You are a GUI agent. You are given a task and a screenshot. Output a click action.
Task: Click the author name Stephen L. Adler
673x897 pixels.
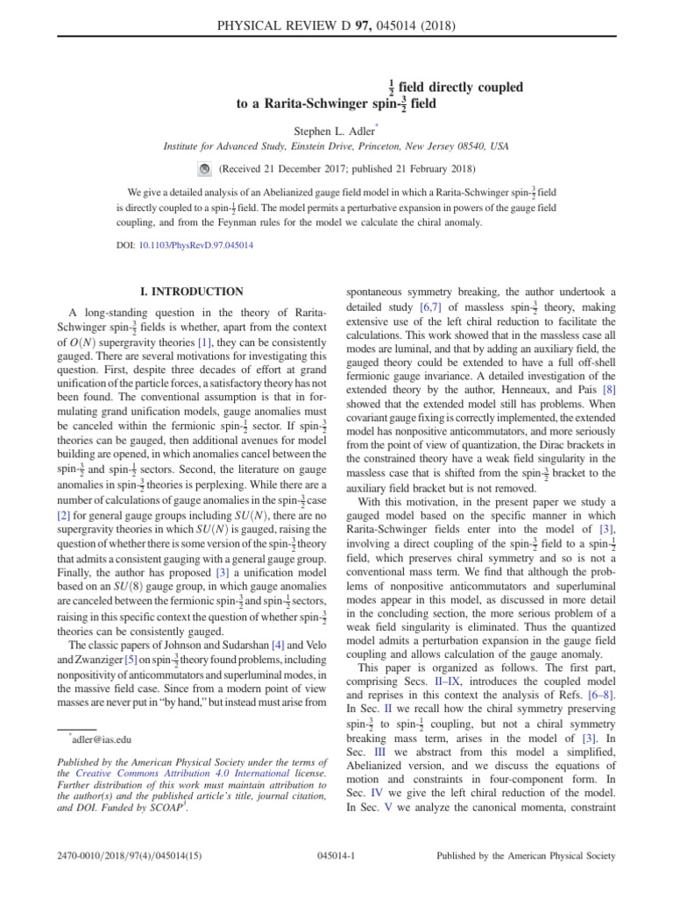[x=336, y=131]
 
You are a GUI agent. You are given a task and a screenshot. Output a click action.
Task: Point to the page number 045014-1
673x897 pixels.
[x=336, y=856]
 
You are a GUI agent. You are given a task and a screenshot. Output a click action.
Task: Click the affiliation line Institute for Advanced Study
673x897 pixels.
[x=336, y=148]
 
